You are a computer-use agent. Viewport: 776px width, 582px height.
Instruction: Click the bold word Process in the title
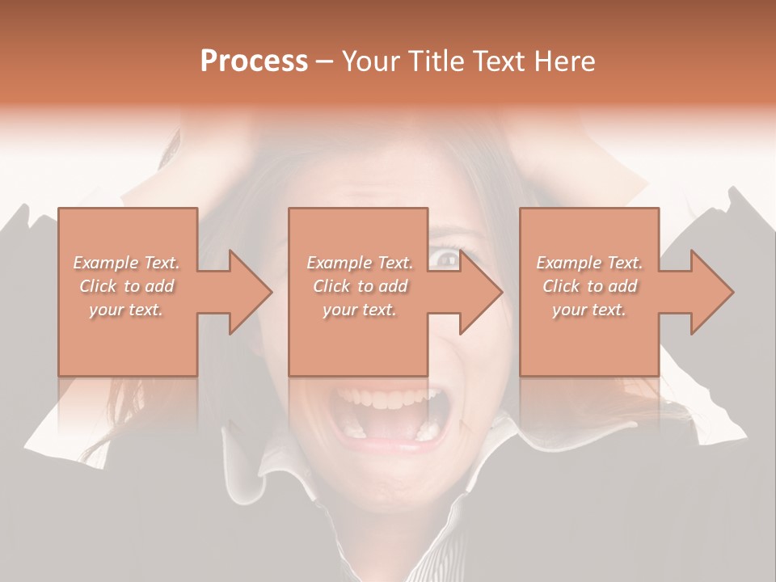(254, 61)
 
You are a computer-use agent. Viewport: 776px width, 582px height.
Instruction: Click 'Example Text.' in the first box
(127, 263)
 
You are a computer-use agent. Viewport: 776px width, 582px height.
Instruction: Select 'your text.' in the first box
(127, 310)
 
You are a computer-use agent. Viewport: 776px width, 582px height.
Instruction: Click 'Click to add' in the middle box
(360, 286)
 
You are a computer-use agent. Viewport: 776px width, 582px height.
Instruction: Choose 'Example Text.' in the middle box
(360, 263)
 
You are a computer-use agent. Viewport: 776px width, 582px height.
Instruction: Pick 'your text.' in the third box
(589, 310)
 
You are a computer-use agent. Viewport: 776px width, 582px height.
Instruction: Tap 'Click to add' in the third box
(589, 286)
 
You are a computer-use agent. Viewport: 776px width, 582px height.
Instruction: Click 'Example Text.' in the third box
(589, 263)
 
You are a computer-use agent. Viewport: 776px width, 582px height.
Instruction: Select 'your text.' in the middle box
(360, 310)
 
